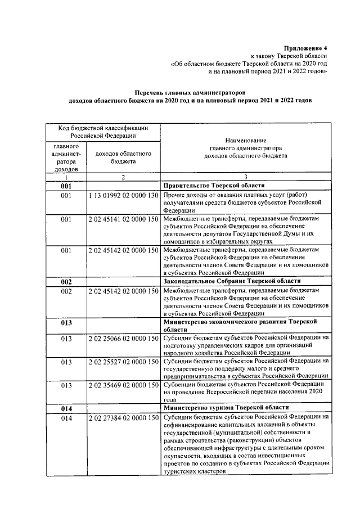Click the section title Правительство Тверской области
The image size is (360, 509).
click(214, 185)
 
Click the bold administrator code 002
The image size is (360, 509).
click(66, 281)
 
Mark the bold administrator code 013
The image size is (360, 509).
click(66, 323)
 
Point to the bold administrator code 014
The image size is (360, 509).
click(66, 407)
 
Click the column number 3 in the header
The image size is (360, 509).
click(245, 176)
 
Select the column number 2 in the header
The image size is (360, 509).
click(123, 176)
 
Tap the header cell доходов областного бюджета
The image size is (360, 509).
click(123, 157)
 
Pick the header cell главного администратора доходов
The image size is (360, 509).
click(66, 157)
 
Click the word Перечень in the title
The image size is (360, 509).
click(153, 91)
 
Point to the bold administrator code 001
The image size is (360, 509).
click(66, 185)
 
